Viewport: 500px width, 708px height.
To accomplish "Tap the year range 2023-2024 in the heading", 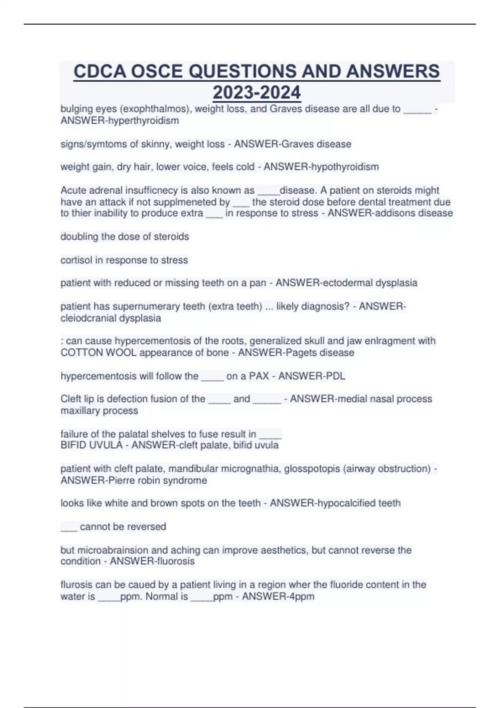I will [257, 92].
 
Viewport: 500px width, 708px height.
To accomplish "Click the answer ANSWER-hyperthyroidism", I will [120, 121].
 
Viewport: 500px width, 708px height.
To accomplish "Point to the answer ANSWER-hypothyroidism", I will [321, 167].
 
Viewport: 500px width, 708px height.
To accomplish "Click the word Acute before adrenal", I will [73, 190].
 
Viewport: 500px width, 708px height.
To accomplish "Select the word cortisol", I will [76, 260].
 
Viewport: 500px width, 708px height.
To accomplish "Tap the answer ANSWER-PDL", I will [312, 376].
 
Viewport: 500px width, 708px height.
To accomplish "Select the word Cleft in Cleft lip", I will [71, 399].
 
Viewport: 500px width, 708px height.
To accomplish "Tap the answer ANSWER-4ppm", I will [278, 597].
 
